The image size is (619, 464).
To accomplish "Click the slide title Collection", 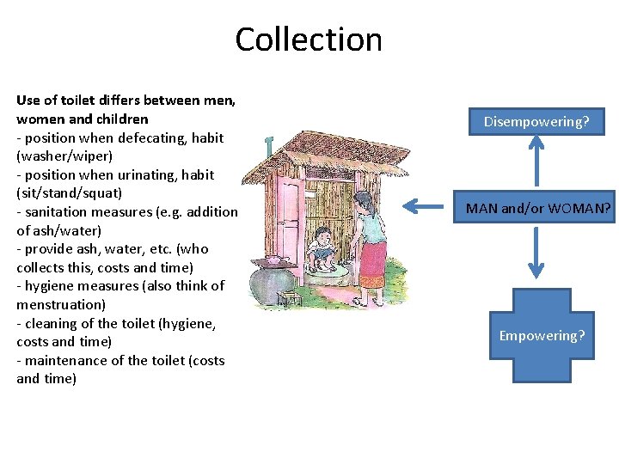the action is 308,40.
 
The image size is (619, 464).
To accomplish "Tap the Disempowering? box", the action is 536,122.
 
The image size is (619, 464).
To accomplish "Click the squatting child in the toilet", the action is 323,245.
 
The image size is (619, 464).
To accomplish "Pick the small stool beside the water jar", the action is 288,299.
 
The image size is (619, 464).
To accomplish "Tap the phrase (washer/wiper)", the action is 63,156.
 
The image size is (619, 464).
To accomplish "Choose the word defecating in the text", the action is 156,137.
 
